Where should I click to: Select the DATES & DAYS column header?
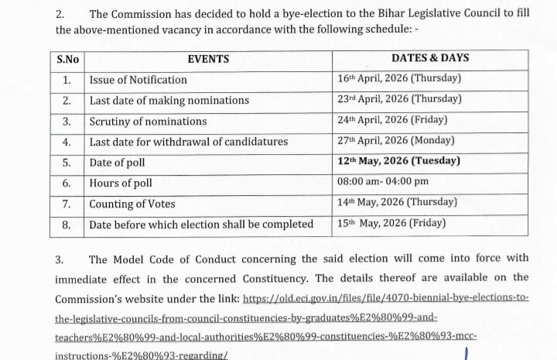click(430, 59)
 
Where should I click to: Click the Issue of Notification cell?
click(138, 80)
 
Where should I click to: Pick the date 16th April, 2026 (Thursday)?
click(398, 78)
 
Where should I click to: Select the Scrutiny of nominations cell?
click(148, 122)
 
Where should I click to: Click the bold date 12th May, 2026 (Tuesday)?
click(398, 161)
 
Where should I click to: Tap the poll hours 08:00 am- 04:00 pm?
click(385, 183)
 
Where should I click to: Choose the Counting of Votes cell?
click(132, 204)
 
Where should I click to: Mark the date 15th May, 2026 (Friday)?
click(391, 224)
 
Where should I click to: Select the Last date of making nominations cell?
click(169, 101)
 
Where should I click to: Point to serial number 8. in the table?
click(67, 225)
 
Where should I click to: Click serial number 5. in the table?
click(67, 163)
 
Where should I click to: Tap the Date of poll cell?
click(117, 163)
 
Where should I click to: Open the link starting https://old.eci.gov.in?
click(385, 298)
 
